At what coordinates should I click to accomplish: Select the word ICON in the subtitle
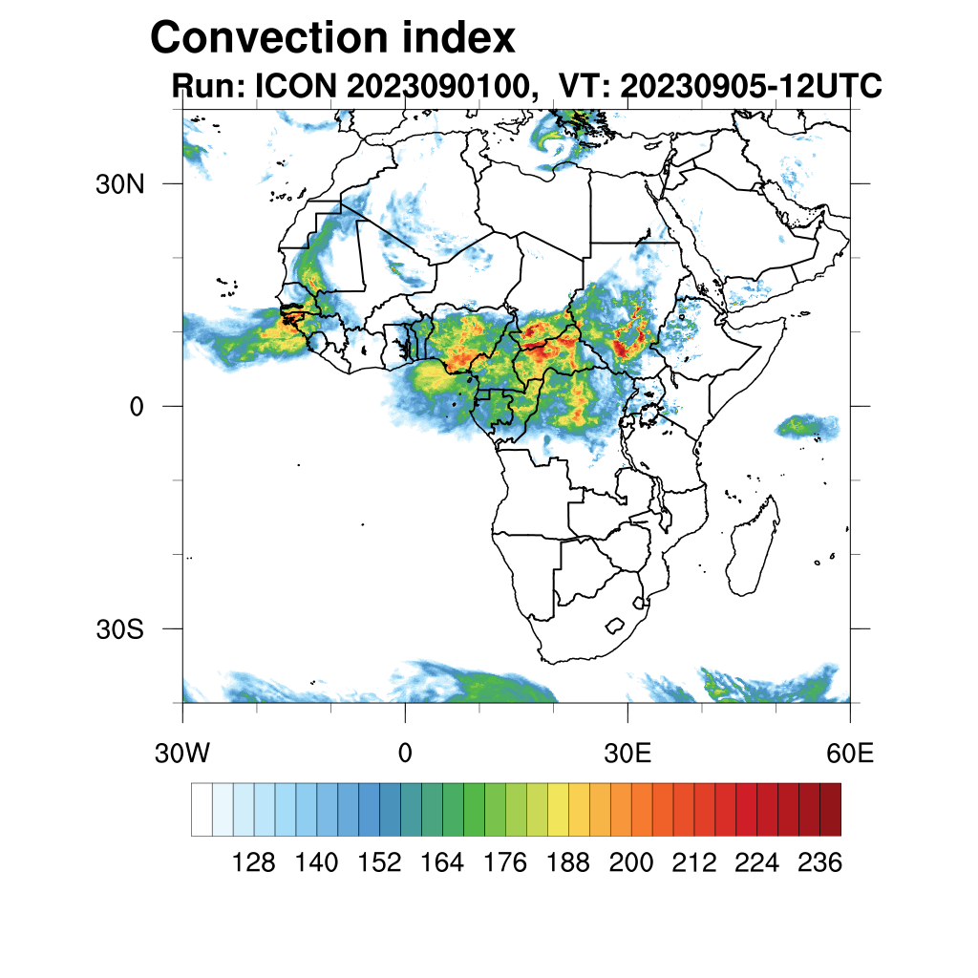coord(293,87)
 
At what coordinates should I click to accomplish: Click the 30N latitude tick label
coord(120,184)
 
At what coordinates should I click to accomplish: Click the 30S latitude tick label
coord(120,629)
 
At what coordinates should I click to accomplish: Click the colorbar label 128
coord(254,863)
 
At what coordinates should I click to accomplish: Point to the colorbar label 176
coord(505,863)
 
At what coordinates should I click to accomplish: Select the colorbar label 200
coord(630,863)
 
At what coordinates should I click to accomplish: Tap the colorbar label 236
coord(819,863)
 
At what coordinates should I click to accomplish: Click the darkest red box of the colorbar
coord(830,809)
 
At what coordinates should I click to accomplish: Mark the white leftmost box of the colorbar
coord(202,809)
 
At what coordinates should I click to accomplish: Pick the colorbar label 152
coord(379,863)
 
